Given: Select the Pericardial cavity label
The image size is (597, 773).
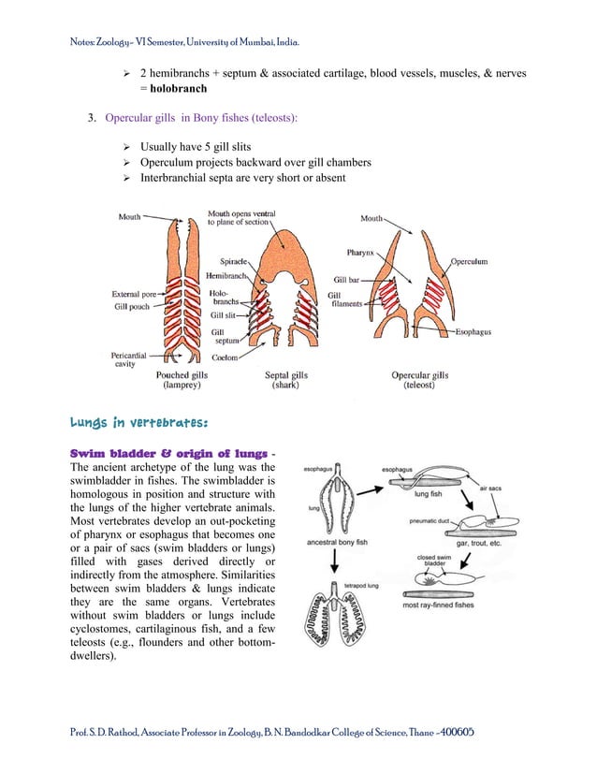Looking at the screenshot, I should pyautogui.click(x=131, y=359).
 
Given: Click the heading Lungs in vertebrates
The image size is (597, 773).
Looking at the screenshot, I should pyautogui.click(x=151, y=422).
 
